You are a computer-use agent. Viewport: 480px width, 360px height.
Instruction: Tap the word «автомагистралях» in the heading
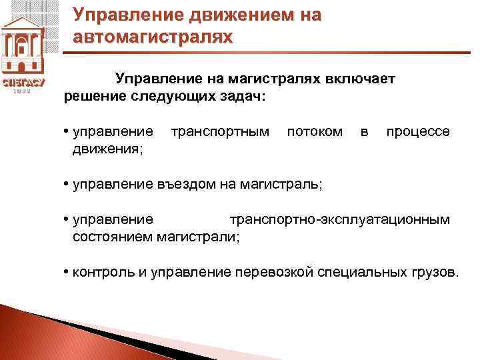pyautogui.click(x=153, y=36)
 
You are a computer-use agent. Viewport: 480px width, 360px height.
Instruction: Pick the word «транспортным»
pyautogui.click(x=221, y=131)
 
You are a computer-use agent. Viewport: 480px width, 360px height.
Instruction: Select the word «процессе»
pyautogui.click(x=418, y=131)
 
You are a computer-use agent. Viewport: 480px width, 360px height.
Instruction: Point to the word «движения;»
pyautogui.click(x=107, y=148)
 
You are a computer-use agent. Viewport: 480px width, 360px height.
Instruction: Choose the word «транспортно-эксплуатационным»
pyautogui.click(x=340, y=219)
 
